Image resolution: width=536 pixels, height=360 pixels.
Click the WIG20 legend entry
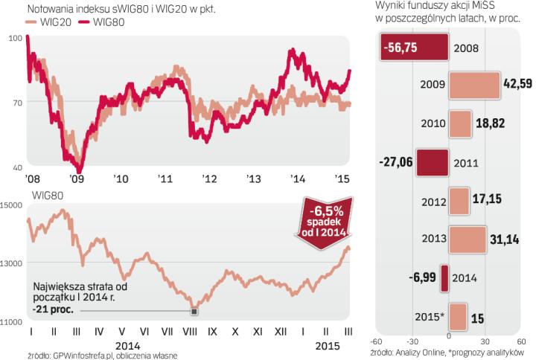46,23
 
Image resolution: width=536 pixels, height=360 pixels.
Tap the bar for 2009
475,83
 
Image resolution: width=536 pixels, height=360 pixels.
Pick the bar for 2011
433,161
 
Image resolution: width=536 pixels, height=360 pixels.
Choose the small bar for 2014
444,277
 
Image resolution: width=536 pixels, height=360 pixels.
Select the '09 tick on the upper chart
76,179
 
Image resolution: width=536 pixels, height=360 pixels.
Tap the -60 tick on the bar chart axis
379,341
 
